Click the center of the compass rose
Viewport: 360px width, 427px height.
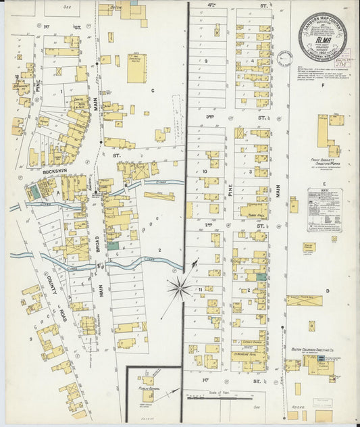[x=180, y=289]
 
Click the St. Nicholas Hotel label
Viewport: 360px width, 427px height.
[x=251, y=353]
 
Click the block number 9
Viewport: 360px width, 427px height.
[x=207, y=61]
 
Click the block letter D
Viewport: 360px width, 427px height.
[x=327, y=291]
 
